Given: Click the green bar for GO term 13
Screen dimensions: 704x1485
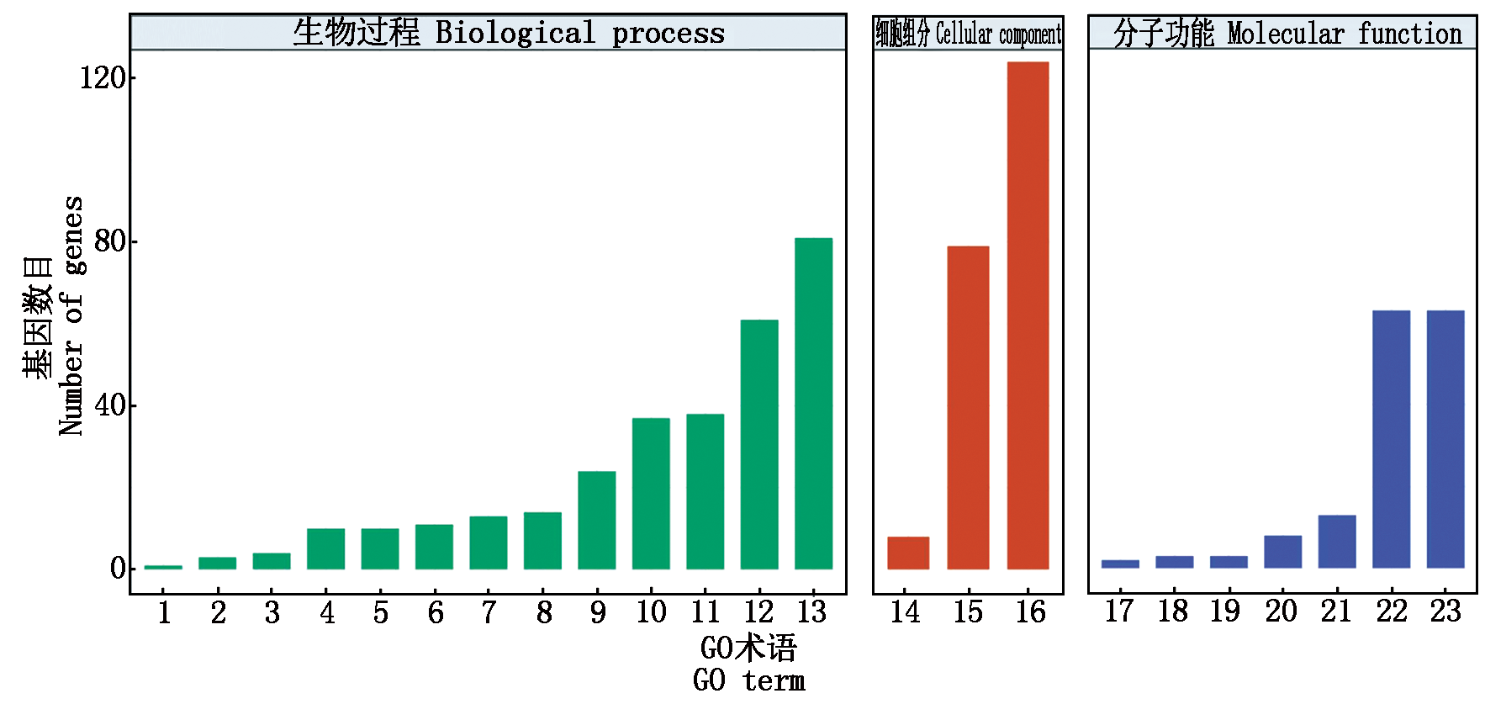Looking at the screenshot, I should [x=813, y=404].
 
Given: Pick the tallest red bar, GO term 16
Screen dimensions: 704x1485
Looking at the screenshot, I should [x=1028, y=315].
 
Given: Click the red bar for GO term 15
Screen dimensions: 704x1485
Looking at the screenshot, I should [x=968, y=408].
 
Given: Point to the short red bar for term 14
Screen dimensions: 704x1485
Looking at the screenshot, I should [x=908, y=553].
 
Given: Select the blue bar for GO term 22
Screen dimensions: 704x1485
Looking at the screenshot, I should [x=1391, y=439].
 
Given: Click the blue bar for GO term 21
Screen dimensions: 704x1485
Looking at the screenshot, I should [x=1336, y=541].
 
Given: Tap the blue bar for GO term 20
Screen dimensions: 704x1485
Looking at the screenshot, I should [x=1282, y=551].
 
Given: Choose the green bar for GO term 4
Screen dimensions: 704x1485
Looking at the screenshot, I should [x=325, y=548].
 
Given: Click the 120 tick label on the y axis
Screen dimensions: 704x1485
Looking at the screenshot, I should [x=103, y=78].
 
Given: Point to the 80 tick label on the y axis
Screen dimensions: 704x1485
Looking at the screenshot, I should [x=109, y=241].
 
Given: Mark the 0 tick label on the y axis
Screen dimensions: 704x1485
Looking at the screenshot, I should [x=118, y=569].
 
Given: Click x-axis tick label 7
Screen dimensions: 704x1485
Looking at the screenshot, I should [x=489, y=612].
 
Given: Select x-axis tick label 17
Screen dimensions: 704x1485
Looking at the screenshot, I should [x=1119, y=611].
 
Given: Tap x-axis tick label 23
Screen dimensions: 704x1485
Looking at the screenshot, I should [x=1445, y=611].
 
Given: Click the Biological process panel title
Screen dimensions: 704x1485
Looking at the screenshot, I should [x=508, y=33].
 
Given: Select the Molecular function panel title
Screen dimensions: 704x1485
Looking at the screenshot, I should [x=1287, y=34].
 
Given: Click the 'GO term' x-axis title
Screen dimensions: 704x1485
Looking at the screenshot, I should [x=748, y=680].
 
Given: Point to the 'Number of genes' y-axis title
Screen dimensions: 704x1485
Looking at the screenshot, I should [x=71, y=316].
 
